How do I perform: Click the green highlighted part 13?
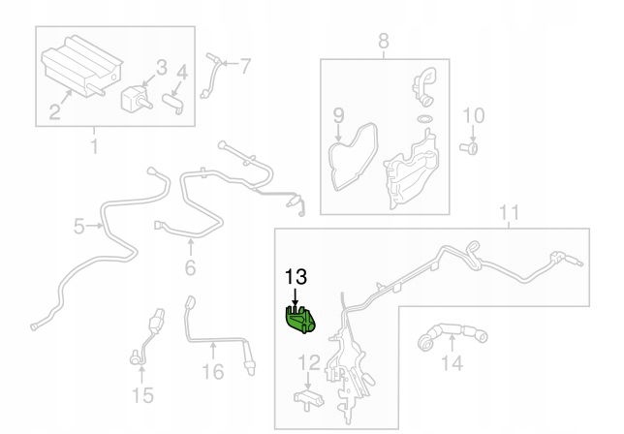(300, 320)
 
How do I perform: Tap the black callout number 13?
(296, 277)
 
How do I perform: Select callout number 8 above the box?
(383, 41)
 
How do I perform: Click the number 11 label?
(509, 213)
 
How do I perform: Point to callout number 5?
(79, 227)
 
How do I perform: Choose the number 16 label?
(213, 372)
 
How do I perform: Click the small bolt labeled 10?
(470, 149)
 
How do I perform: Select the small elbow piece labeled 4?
(172, 103)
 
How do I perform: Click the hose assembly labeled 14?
(452, 336)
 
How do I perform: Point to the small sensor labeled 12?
(308, 399)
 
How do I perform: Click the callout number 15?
(142, 395)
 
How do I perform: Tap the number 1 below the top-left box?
(94, 146)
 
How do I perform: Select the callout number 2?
(55, 111)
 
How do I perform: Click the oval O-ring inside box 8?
(424, 118)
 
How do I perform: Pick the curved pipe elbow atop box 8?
(424, 86)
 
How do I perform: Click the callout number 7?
(245, 66)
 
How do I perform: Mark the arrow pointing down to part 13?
(295, 298)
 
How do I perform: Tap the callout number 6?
(190, 267)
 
